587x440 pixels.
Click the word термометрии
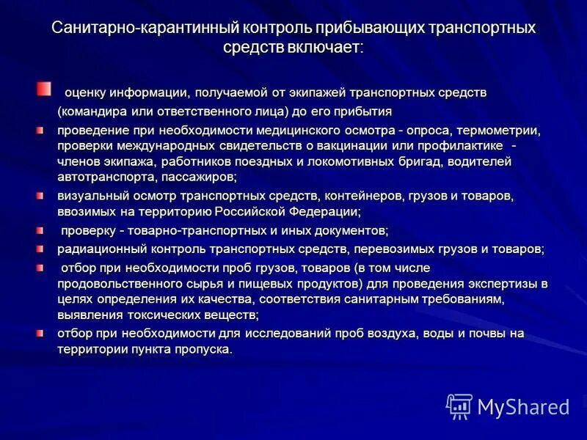tap(495, 131)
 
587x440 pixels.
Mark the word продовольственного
tap(122, 283)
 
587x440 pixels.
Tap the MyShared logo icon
tap(459, 406)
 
